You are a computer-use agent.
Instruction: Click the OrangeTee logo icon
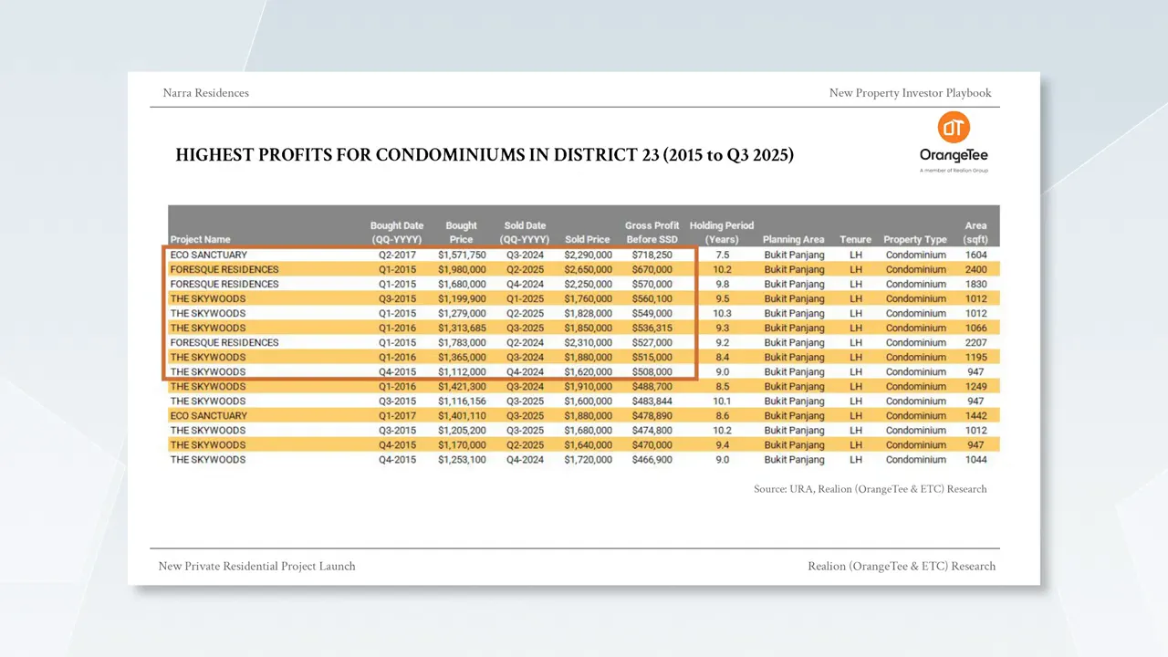click(x=954, y=128)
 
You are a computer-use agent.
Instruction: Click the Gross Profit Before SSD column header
click(x=652, y=232)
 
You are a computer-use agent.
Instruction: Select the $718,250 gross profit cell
click(x=652, y=255)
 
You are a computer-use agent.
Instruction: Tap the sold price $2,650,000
click(x=588, y=269)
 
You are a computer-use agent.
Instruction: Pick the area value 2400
click(x=975, y=269)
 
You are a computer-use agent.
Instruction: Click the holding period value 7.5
click(x=722, y=255)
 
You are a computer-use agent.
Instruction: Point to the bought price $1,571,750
click(x=462, y=255)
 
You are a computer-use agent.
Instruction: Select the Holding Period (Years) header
click(x=722, y=232)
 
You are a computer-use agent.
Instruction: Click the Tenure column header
click(x=855, y=239)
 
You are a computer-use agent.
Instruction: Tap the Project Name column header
click(x=200, y=239)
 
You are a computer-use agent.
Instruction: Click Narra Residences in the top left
click(x=205, y=92)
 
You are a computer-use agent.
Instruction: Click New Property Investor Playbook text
click(x=910, y=92)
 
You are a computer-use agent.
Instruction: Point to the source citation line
click(x=870, y=489)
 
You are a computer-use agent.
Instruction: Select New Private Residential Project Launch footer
click(x=256, y=566)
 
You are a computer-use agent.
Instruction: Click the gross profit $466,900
click(x=652, y=459)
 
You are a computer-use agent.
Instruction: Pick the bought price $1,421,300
click(x=462, y=386)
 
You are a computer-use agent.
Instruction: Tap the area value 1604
click(x=975, y=255)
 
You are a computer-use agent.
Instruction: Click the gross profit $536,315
click(x=652, y=328)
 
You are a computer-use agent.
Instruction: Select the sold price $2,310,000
click(x=588, y=342)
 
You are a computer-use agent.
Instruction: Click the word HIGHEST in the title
click(x=214, y=155)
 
